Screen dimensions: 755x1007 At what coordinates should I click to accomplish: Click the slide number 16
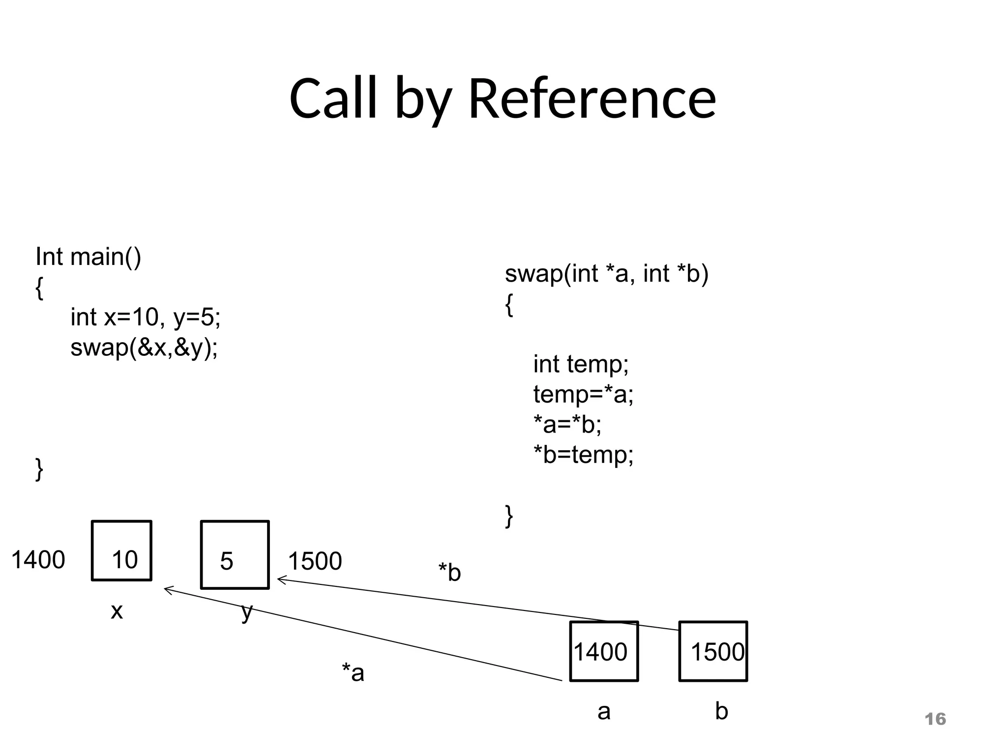click(x=935, y=719)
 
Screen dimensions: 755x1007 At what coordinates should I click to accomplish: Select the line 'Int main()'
click(x=89, y=257)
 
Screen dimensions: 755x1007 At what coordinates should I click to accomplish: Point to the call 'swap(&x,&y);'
click(x=144, y=348)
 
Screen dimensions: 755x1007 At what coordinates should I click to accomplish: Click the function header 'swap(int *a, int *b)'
click(x=606, y=274)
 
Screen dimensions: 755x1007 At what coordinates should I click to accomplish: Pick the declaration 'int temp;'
click(x=581, y=364)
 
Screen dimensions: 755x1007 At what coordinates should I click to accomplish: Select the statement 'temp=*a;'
click(x=583, y=394)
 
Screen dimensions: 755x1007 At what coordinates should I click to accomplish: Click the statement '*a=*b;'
click(x=567, y=424)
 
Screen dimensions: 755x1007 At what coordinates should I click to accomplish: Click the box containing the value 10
click(x=121, y=551)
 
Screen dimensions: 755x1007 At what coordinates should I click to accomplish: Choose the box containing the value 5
click(x=235, y=554)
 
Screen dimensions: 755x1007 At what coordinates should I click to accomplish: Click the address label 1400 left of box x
click(x=38, y=560)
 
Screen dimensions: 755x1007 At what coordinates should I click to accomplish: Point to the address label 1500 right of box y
click(x=315, y=561)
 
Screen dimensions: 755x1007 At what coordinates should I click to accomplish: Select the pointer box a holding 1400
click(x=604, y=651)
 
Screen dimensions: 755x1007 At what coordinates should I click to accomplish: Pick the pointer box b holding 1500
click(x=713, y=651)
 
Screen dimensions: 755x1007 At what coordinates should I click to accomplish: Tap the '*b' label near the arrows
click(x=449, y=573)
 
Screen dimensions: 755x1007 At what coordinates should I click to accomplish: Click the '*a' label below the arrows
click(x=353, y=672)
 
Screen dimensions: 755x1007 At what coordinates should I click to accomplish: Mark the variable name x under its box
click(x=117, y=611)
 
